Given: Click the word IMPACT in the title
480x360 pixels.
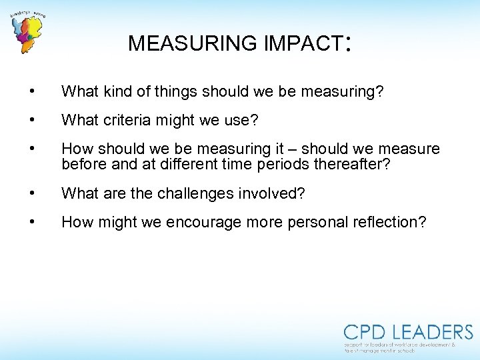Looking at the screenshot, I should click(x=303, y=43).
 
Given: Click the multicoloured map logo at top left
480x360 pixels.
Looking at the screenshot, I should click(x=27, y=33).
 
